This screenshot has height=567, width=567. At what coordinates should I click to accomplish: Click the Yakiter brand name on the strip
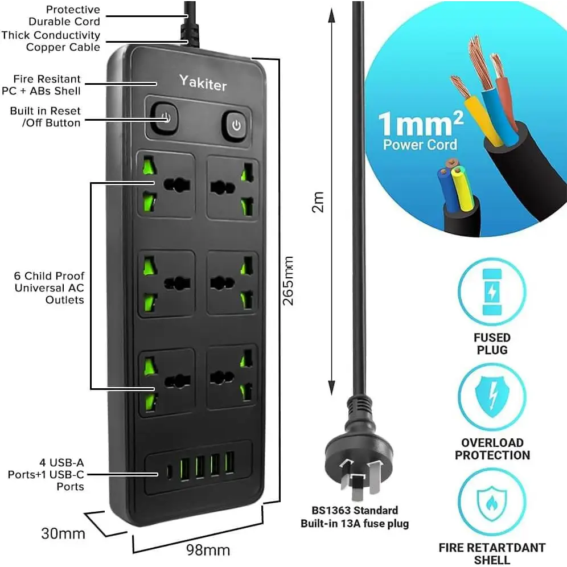tap(203, 83)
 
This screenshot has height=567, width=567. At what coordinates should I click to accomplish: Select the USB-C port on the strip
tap(169, 472)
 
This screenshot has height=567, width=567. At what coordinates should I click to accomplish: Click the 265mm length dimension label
tap(289, 280)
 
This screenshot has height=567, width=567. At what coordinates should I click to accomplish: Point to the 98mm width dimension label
tap(208, 550)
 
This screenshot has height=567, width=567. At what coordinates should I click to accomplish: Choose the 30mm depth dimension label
tap(63, 533)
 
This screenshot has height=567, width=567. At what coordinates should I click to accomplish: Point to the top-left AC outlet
tap(167, 185)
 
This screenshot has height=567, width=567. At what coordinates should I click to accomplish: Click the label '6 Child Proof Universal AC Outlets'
tap(50, 287)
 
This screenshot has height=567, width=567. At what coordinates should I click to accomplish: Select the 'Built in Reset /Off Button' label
tap(46, 117)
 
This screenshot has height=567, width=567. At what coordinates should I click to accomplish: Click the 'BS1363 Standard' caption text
tap(355, 510)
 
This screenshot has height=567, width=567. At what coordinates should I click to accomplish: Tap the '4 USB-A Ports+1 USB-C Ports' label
tap(46, 474)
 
